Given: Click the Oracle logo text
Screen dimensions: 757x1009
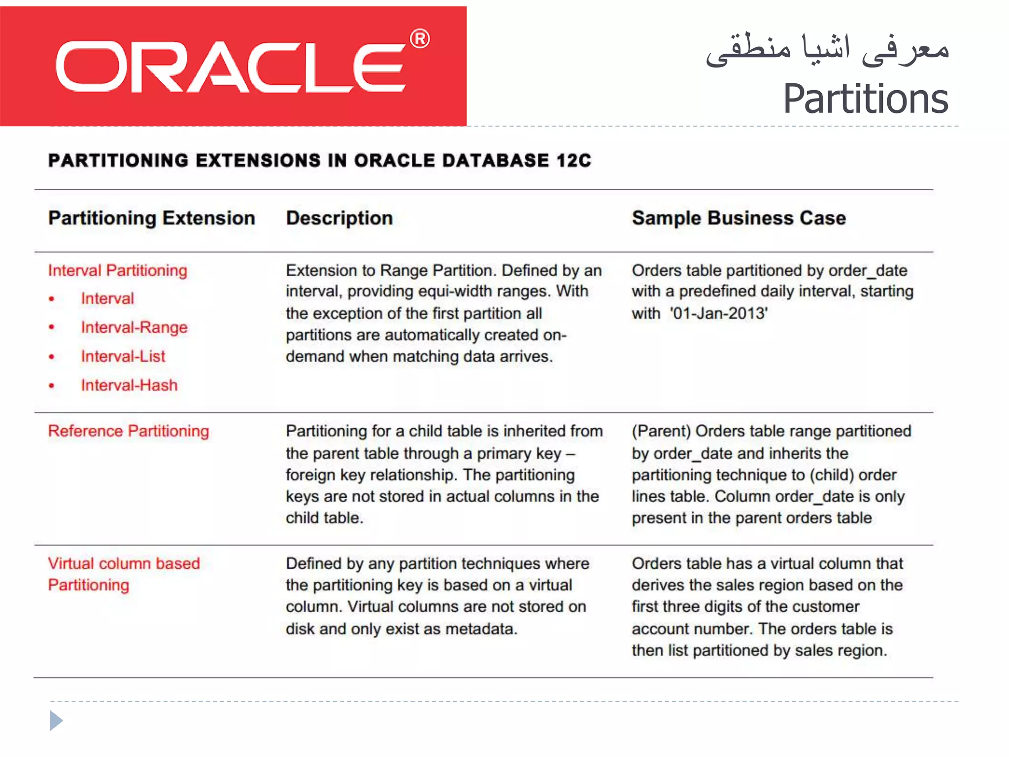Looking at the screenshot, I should (231, 67).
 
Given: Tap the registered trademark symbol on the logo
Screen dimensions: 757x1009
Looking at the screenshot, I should (420, 39).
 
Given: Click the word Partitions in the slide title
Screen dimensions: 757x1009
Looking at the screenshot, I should (865, 99).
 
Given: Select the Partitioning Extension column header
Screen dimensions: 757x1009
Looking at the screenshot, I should (152, 218).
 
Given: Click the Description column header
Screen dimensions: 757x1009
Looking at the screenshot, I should (339, 218).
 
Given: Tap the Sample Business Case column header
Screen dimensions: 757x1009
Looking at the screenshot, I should (739, 218).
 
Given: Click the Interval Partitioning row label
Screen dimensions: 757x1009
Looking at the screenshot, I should (118, 271).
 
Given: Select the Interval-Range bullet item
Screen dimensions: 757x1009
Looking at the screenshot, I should (134, 328).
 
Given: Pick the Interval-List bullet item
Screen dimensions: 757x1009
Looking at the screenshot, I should (123, 356).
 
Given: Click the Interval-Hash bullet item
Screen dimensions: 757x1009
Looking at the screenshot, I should (129, 385).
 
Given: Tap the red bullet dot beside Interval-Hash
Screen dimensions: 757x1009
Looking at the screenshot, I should (52, 386).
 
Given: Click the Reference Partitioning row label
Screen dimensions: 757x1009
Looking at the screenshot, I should (129, 431).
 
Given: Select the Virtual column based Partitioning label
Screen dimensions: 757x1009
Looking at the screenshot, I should (124, 574).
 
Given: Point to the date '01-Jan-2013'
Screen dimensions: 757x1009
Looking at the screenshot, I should (718, 313).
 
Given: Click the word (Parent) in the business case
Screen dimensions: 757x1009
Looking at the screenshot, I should (662, 431).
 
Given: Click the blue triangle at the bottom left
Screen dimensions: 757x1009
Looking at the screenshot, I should (56, 721).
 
